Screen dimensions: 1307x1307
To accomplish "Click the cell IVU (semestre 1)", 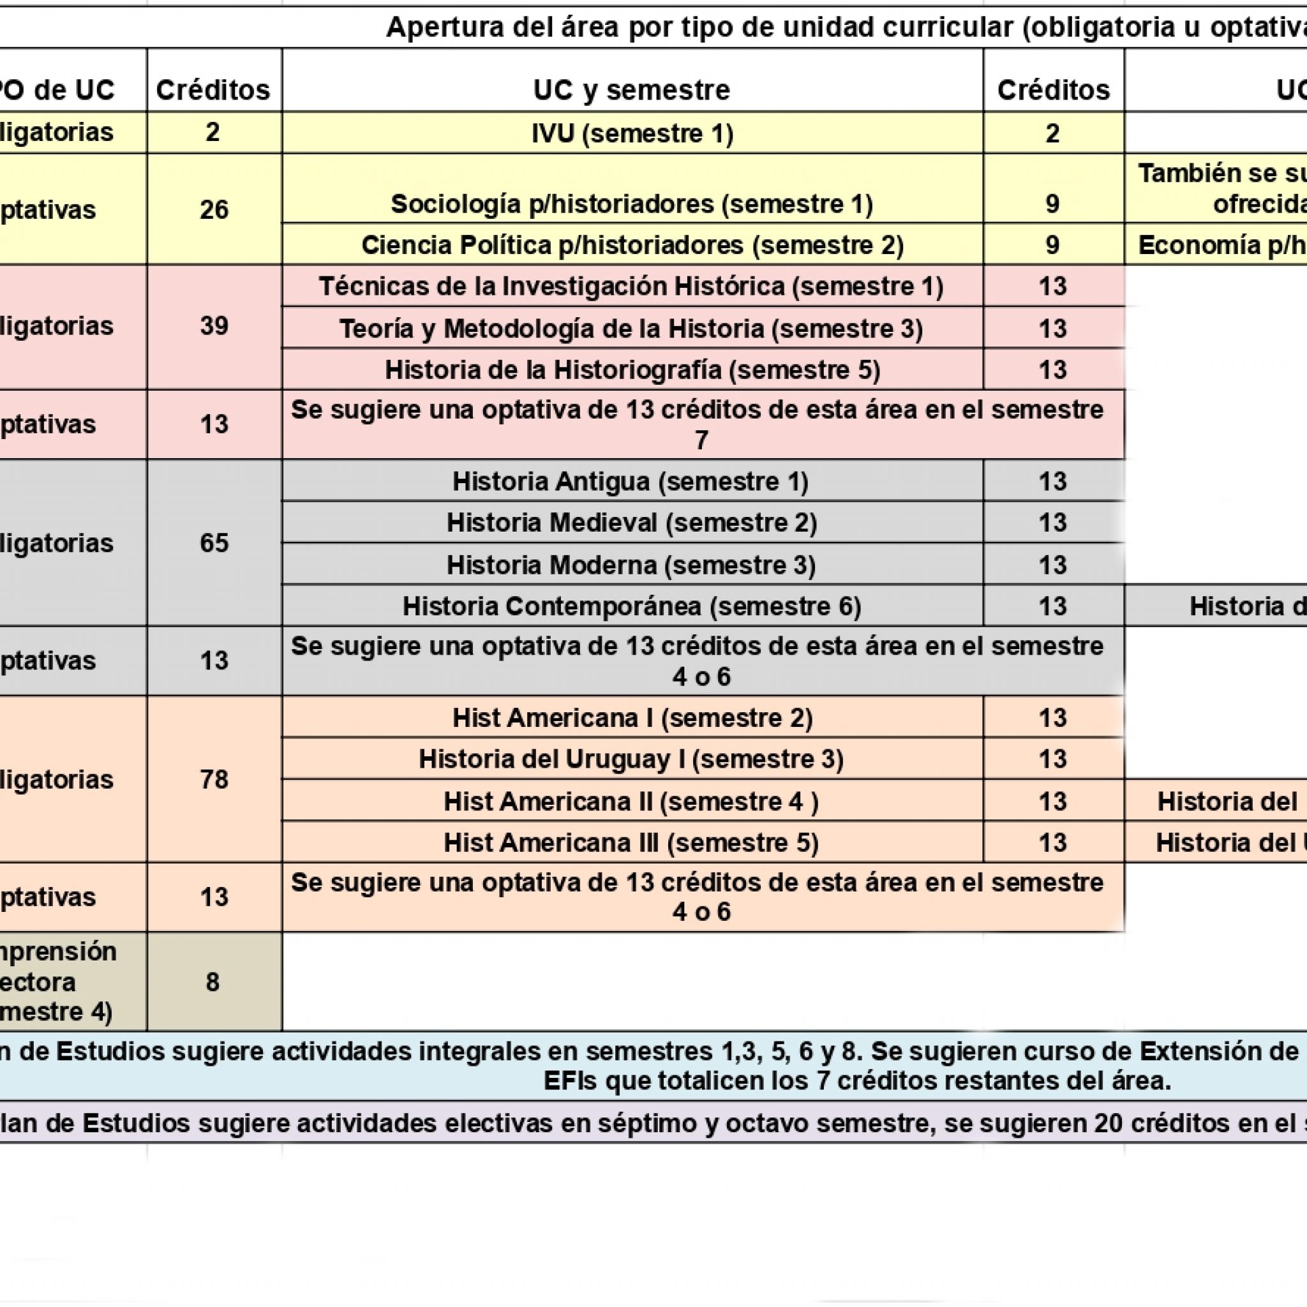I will [632, 133].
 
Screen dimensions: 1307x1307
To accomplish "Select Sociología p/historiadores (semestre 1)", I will [632, 204].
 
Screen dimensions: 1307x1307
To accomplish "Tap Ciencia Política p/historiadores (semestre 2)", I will [632, 245].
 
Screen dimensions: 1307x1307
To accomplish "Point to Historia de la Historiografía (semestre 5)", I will [632, 370].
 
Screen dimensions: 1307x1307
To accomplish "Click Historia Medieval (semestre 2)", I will [632, 523].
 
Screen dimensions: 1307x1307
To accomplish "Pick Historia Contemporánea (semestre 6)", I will [632, 606].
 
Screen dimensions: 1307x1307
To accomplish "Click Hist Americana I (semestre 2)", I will [632, 718].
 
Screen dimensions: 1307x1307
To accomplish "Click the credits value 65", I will [214, 543].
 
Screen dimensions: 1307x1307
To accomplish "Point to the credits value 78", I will [214, 779].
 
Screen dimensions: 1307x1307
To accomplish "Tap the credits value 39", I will [214, 326].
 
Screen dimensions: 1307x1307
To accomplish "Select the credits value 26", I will [214, 210].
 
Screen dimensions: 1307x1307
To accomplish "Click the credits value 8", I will [213, 982].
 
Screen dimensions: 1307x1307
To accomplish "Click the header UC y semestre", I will [632, 90].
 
